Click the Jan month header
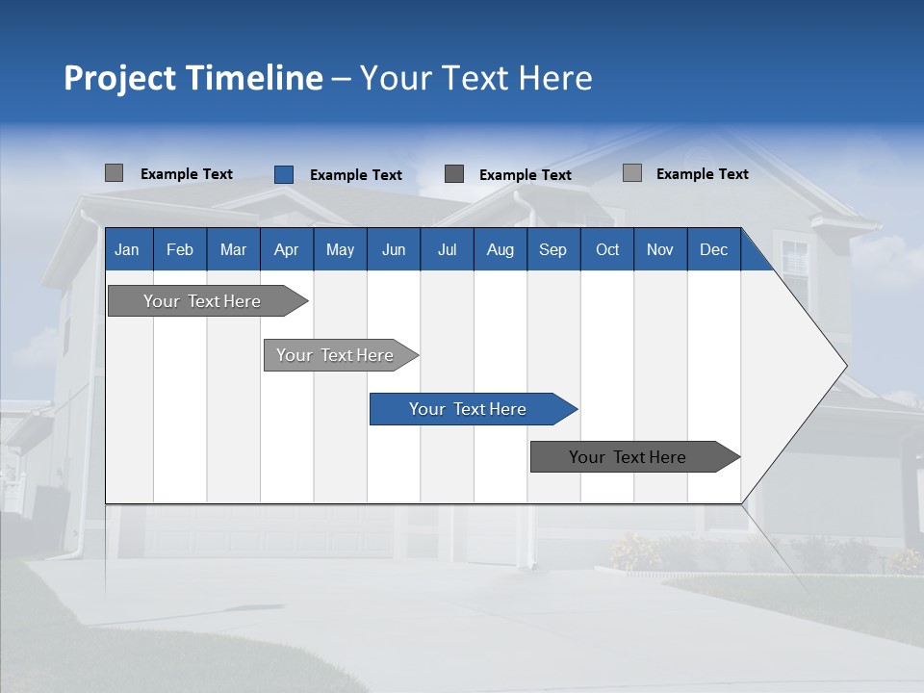coord(128,249)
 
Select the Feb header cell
coord(180,249)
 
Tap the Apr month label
coord(287,249)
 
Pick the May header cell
coord(340,249)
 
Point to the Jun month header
coord(394,249)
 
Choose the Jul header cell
coord(447,249)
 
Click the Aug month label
coord(500,249)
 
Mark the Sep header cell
coord(553,249)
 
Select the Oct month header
coord(607,249)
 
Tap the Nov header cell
coord(660,249)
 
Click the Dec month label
coord(714,249)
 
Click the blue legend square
coord(284,174)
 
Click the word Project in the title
coord(119,78)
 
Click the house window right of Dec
coord(795,260)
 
